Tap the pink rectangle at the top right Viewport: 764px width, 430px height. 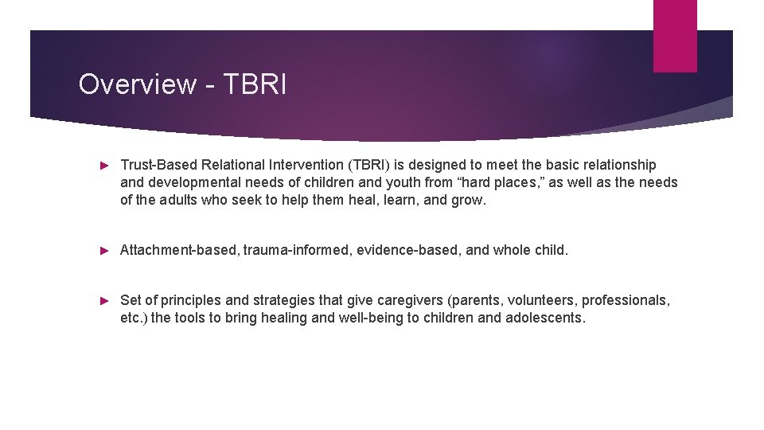(674, 35)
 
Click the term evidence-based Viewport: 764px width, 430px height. (407, 250)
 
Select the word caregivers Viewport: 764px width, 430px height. (407, 300)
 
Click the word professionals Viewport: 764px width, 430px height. (626, 300)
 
